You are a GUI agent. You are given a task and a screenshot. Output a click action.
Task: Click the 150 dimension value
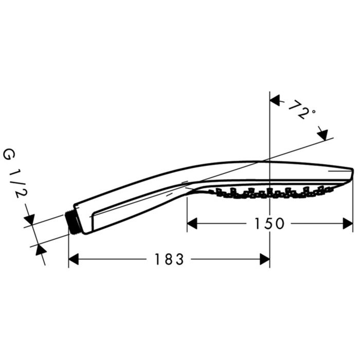(268, 224)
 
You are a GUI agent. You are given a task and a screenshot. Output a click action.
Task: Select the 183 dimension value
(169, 260)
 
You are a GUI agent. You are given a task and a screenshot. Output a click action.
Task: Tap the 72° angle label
(299, 110)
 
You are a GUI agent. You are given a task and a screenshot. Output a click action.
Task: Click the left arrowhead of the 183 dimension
(74, 259)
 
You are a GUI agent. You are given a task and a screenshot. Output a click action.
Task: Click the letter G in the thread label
(9, 154)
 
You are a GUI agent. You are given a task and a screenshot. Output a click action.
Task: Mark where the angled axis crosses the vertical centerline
(270, 159)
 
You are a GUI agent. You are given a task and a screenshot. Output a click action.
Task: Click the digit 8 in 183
(169, 260)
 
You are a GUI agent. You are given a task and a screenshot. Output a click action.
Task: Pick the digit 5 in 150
(268, 224)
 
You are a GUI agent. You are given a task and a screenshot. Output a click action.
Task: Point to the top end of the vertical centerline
(270, 93)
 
